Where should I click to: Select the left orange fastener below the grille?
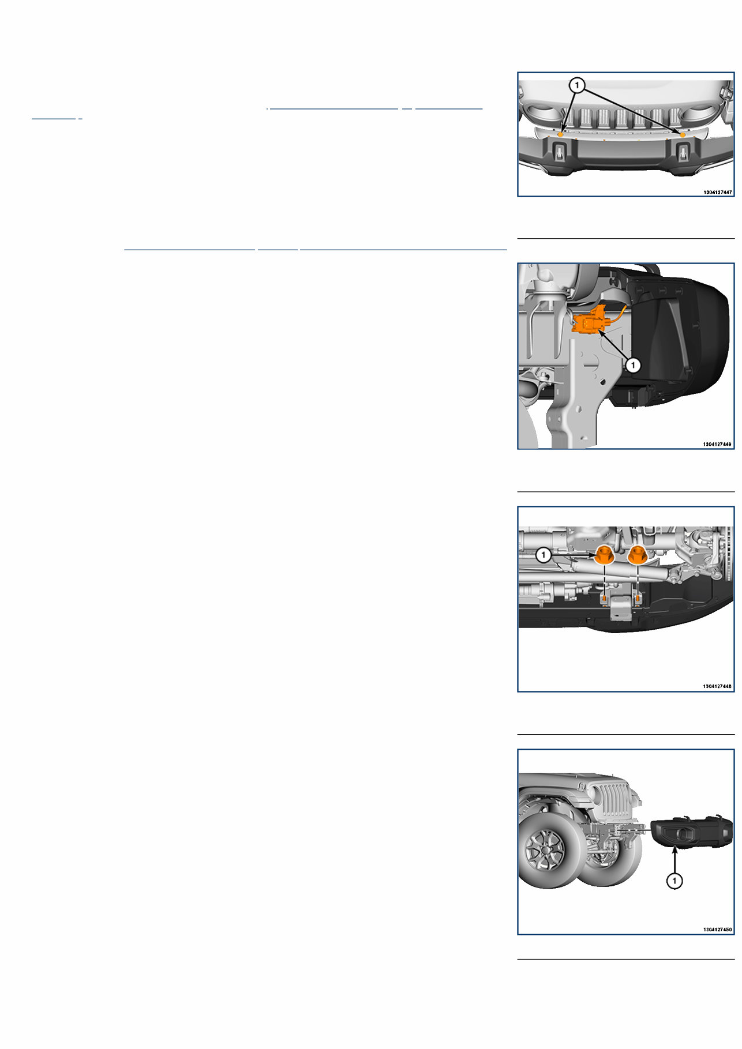560,134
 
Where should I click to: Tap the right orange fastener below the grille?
683,134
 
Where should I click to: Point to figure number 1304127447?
717,192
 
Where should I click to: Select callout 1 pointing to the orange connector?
633,365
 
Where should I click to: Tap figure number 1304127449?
717,444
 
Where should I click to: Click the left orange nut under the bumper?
604,555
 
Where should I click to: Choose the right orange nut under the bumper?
637,555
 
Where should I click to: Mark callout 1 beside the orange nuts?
544,555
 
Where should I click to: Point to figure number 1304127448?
717,686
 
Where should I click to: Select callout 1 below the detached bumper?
674,881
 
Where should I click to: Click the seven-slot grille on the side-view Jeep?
613,803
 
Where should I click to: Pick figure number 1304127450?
717,930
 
